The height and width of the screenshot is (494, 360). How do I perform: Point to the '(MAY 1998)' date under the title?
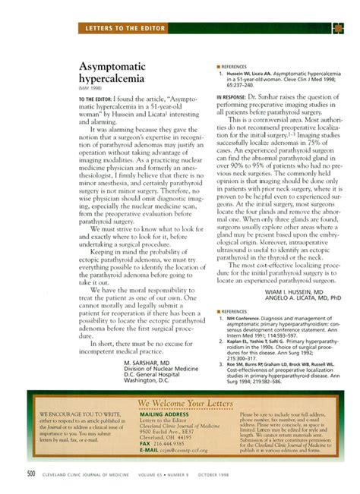90,95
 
